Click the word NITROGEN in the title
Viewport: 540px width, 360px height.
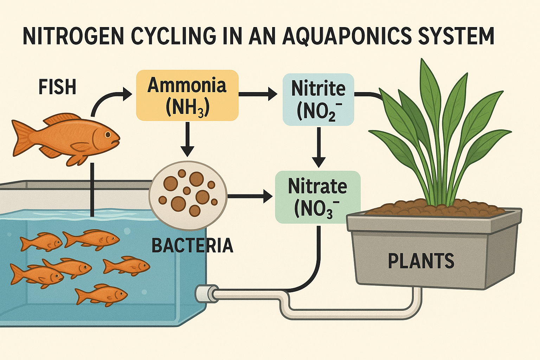73,36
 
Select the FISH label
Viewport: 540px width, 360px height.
57,87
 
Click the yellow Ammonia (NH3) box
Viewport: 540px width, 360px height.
187,95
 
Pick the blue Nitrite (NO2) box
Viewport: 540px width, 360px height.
318,99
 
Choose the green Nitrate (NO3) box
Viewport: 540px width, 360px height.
317,197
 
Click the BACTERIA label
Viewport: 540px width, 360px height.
192,245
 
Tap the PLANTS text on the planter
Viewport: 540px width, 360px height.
421,261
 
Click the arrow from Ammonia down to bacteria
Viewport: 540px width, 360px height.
187,139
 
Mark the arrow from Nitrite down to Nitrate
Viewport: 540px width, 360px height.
319,147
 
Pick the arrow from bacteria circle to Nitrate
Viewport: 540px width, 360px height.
250,197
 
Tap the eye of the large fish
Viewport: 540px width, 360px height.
108,134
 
